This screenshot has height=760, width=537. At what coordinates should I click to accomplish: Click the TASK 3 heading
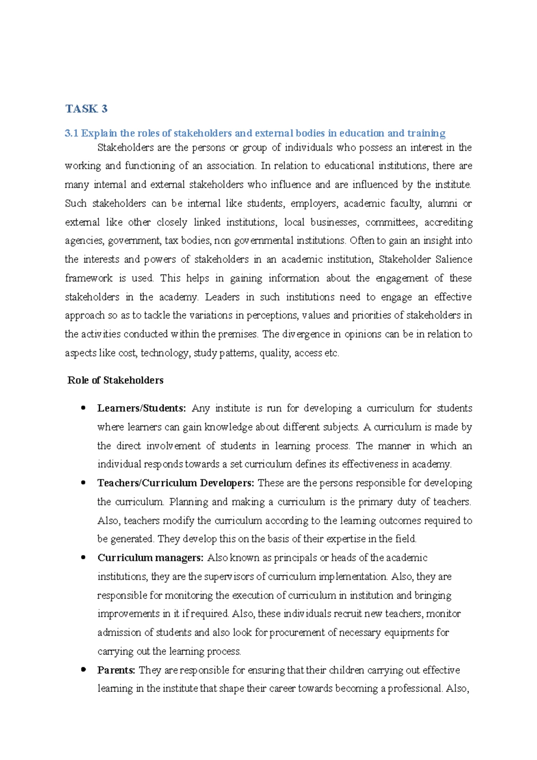pos(86,109)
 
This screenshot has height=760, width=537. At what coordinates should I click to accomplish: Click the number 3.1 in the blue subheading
pos(71,133)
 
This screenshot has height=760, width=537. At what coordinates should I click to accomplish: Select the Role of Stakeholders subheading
pos(115,380)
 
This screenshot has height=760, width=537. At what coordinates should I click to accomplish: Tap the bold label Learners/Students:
pos(141,408)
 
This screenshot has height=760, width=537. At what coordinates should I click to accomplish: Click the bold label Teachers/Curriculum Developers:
pos(176,483)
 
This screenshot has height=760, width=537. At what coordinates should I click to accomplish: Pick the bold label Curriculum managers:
pos(150,558)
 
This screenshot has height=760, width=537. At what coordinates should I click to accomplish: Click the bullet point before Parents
pos(83,670)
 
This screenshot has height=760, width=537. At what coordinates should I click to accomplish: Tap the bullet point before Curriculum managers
pos(83,557)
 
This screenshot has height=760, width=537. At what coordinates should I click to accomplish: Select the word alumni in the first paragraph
pos(442,203)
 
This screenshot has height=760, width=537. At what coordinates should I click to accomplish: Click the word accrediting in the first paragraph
pos(448,222)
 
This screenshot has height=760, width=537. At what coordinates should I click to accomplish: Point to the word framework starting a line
pos(89,278)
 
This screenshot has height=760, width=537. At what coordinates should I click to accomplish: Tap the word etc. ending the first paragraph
pos(332,353)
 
